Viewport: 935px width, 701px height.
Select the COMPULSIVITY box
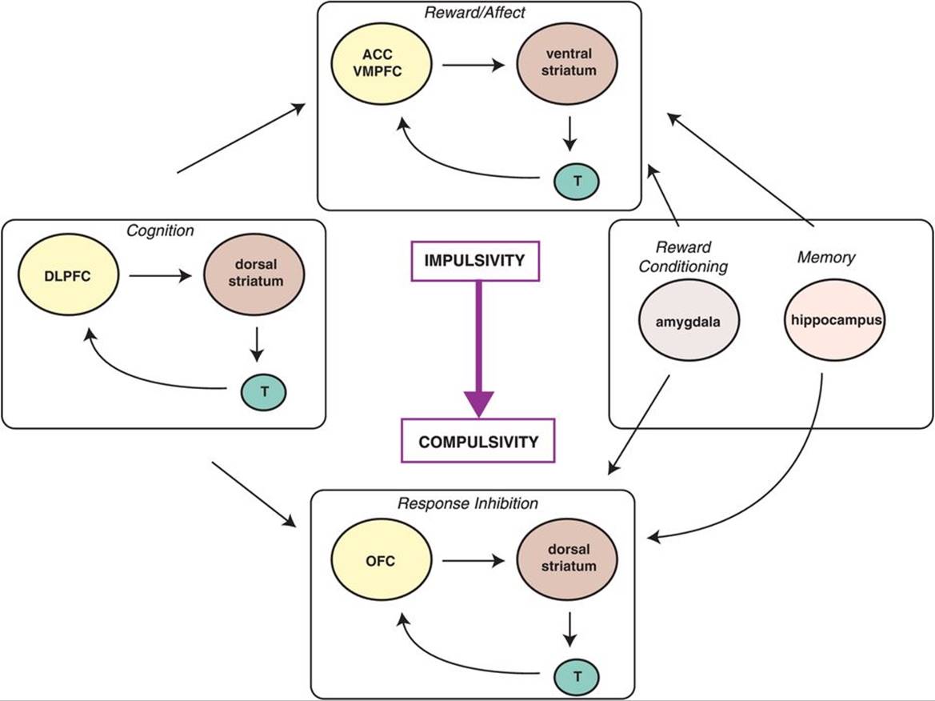pos(479,441)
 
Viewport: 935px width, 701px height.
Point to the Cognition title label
pos(160,231)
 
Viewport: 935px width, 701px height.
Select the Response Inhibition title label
pos(468,503)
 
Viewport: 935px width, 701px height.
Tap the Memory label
pos(825,258)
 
